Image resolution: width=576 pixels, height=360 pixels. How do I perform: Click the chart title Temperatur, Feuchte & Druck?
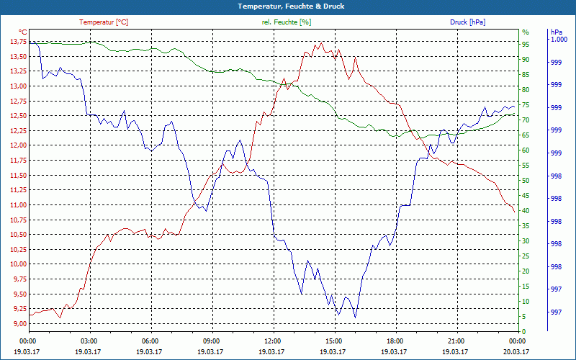pos(287,6)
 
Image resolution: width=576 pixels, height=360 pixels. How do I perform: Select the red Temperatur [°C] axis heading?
pos(104,22)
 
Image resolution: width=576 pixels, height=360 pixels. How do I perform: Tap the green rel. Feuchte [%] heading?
pos(287,22)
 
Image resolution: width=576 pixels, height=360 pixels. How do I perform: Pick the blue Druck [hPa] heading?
pos(467,22)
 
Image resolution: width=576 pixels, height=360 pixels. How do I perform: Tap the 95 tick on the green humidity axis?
pos(526,44)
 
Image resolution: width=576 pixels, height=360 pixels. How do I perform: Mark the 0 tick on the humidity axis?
pos(524,332)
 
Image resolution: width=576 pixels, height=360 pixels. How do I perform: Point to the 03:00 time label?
pos(89,341)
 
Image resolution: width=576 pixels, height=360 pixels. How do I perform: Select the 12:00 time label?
pos(273,341)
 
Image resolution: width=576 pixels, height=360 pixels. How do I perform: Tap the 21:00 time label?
pos(456,341)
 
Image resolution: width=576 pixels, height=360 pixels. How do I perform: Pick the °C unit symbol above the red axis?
pos(23,32)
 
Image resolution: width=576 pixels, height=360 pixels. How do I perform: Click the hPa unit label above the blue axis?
pos(555,32)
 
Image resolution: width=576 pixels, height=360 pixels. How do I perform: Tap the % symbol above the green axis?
pos(525,32)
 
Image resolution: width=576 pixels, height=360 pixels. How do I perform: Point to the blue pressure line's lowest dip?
pos(355,318)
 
